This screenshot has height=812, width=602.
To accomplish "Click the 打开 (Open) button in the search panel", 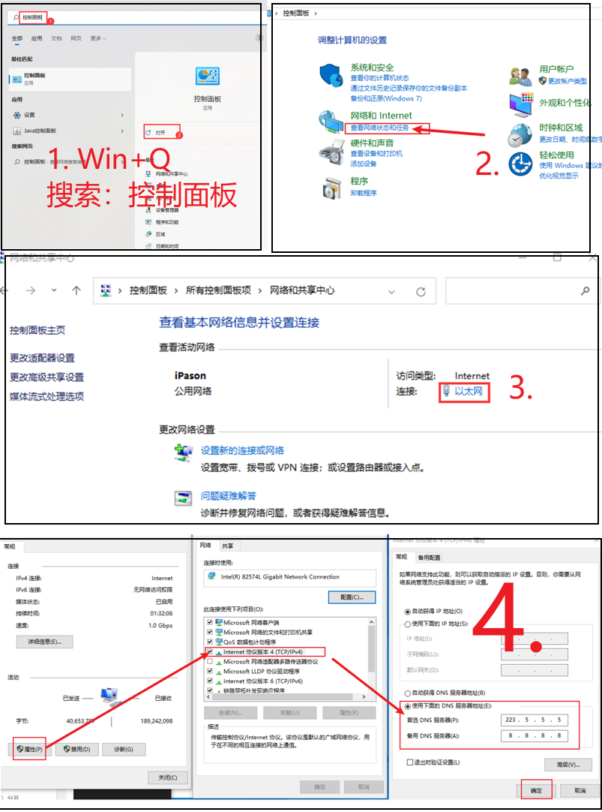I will click(x=160, y=132).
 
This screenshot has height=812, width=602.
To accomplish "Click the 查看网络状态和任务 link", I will click(x=380, y=128).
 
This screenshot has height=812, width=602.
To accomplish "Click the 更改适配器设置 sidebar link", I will click(x=42, y=358).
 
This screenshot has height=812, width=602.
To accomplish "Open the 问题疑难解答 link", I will click(x=229, y=496).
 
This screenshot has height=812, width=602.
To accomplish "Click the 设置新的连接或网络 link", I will click(x=242, y=450).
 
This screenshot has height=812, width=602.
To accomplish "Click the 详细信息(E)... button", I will click(x=44, y=642).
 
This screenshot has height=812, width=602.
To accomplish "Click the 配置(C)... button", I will click(x=352, y=597).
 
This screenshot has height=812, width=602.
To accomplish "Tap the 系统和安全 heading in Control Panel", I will click(x=372, y=68).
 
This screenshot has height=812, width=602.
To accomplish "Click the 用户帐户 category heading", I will click(x=556, y=69).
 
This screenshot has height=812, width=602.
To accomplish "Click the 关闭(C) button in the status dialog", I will click(x=168, y=777).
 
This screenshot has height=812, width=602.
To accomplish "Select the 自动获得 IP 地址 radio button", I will click(x=408, y=612).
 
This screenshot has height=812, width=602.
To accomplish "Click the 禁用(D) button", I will click(x=76, y=749).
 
